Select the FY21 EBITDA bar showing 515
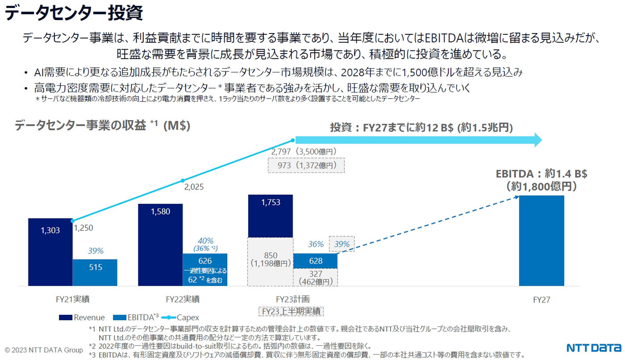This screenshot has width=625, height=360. pyautogui.click(x=95, y=272)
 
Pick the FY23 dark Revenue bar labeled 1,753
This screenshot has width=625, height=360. pyautogui.click(x=271, y=216)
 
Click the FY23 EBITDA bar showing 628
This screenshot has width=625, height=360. pyautogui.click(x=315, y=261)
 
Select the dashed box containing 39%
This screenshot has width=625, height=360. pyautogui.click(x=342, y=244)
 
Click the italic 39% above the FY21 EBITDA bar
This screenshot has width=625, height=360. pyautogui.click(x=95, y=251)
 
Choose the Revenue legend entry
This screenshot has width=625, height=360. pyautogui.click(x=82, y=318)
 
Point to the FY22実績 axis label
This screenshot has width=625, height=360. pyautogui.click(x=182, y=299)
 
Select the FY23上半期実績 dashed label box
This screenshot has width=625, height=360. pyautogui.click(x=291, y=311)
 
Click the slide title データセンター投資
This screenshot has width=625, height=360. pyautogui.click(x=74, y=13)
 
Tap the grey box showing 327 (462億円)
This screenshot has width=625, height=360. pyautogui.click(x=315, y=277)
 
